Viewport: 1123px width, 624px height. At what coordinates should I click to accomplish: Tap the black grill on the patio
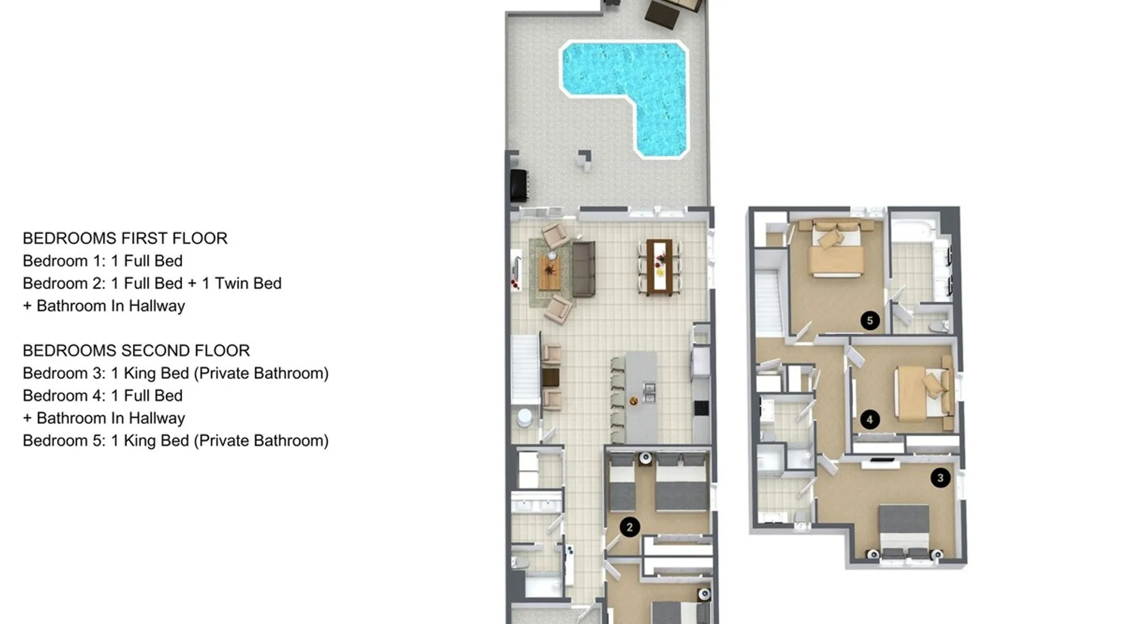(x=519, y=185)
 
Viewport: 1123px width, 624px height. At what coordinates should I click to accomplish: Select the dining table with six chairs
(x=659, y=266)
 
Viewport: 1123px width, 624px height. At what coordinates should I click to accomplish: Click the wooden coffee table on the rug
(x=550, y=271)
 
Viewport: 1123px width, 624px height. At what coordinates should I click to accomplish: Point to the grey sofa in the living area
(x=583, y=269)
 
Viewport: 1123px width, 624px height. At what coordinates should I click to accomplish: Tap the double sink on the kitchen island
(x=649, y=392)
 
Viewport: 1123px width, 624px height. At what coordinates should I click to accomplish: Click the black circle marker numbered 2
(x=630, y=527)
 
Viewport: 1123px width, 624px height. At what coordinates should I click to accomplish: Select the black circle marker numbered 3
(x=940, y=478)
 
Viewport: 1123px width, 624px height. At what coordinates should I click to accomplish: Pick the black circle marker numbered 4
(x=870, y=420)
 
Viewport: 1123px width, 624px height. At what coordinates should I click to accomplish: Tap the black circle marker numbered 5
(x=870, y=321)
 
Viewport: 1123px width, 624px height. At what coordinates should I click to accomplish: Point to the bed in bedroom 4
(x=923, y=392)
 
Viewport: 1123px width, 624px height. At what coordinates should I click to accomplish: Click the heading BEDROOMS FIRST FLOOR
(x=125, y=238)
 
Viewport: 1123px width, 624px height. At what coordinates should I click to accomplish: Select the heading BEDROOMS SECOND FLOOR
(x=137, y=351)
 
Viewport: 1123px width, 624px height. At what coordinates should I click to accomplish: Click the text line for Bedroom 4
(x=103, y=396)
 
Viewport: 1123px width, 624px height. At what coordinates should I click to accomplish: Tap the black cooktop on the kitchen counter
(x=701, y=408)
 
